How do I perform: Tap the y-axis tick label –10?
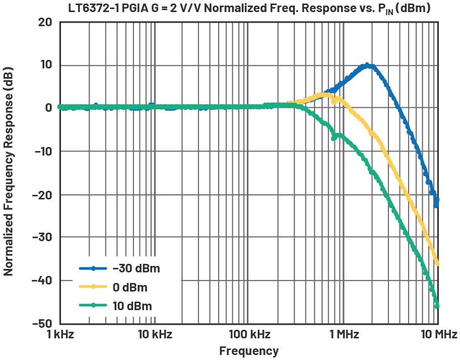click(42, 152)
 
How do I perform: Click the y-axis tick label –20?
click(42, 195)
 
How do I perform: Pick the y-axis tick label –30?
click(42, 237)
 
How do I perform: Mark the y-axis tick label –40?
click(42, 280)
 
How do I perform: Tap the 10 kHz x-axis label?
click(154, 334)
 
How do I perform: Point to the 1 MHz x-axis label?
click(344, 334)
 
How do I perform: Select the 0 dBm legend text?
click(129, 287)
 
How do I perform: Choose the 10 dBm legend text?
click(132, 306)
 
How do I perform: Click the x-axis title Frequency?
click(248, 351)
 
